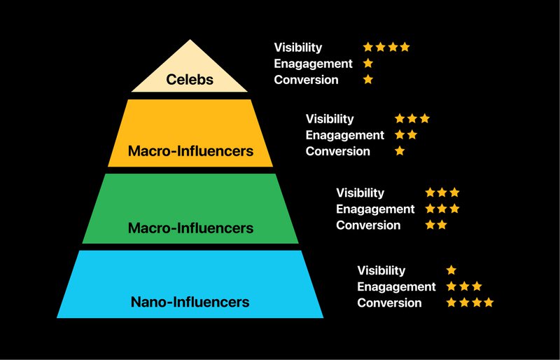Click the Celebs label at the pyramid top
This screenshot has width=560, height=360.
point(190,79)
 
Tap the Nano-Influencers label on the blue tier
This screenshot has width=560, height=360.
point(190,303)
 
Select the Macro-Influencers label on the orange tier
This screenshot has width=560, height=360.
point(190,151)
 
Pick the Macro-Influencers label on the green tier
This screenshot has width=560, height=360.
point(190,228)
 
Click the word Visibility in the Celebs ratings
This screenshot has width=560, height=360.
point(298,48)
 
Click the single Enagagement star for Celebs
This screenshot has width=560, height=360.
point(368,64)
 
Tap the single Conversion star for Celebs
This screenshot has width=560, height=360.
point(368,80)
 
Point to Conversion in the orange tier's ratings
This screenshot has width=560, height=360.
point(337,151)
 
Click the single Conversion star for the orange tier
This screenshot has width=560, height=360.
point(400,151)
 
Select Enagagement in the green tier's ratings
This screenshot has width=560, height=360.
point(375,209)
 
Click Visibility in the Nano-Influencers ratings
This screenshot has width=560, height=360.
point(381,270)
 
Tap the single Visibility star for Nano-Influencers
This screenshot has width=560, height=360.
point(451,270)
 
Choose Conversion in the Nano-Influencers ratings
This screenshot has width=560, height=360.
point(389,303)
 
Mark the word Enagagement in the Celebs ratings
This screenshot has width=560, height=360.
point(313,64)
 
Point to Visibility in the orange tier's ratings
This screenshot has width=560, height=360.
point(330,119)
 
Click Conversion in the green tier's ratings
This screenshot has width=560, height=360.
point(368,225)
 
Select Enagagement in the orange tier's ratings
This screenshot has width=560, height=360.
point(345,135)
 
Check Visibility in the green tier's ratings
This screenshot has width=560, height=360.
point(360,193)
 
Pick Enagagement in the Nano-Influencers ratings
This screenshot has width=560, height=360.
point(396,286)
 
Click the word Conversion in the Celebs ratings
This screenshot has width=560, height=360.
point(306,80)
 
